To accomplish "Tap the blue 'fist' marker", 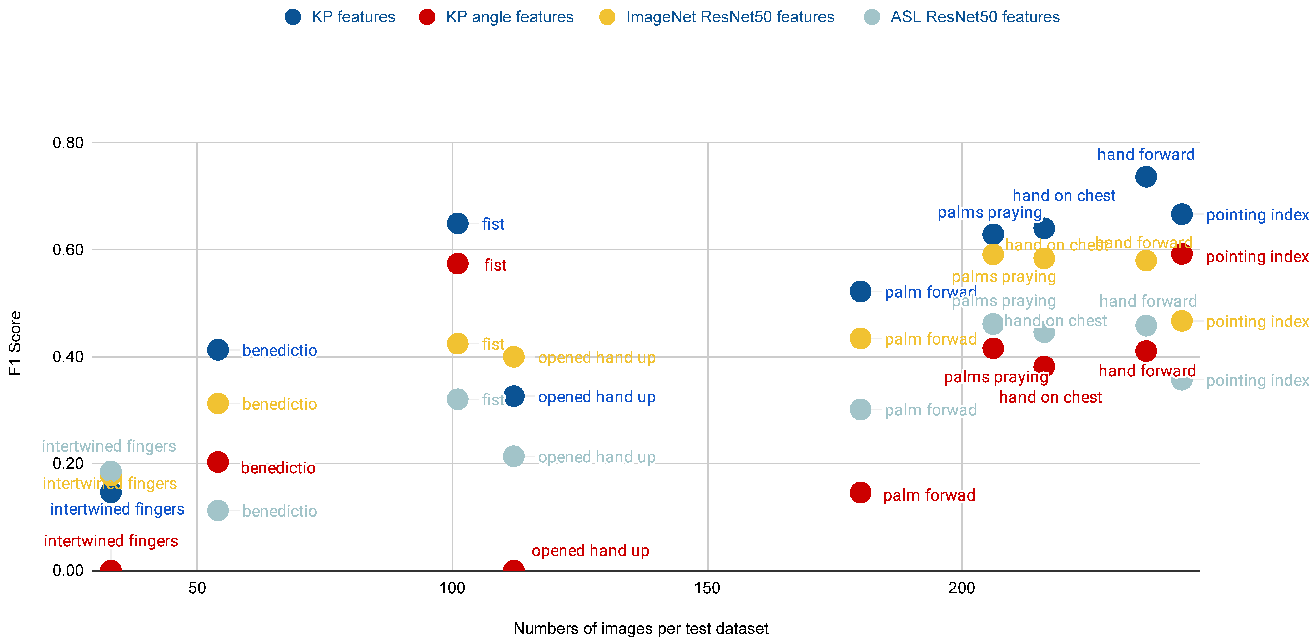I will coord(457,223).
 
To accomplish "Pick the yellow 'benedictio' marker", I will coord(218,404).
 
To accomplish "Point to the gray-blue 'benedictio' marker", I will coord(218,510).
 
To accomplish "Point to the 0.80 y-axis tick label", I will coord(68,143).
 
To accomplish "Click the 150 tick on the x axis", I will coord(708,588).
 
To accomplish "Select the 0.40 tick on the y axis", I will coord(68,357).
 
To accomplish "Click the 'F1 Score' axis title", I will coord(15,343).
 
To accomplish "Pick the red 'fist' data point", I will coord(457,264).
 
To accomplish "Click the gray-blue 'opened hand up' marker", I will coord(514,456).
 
